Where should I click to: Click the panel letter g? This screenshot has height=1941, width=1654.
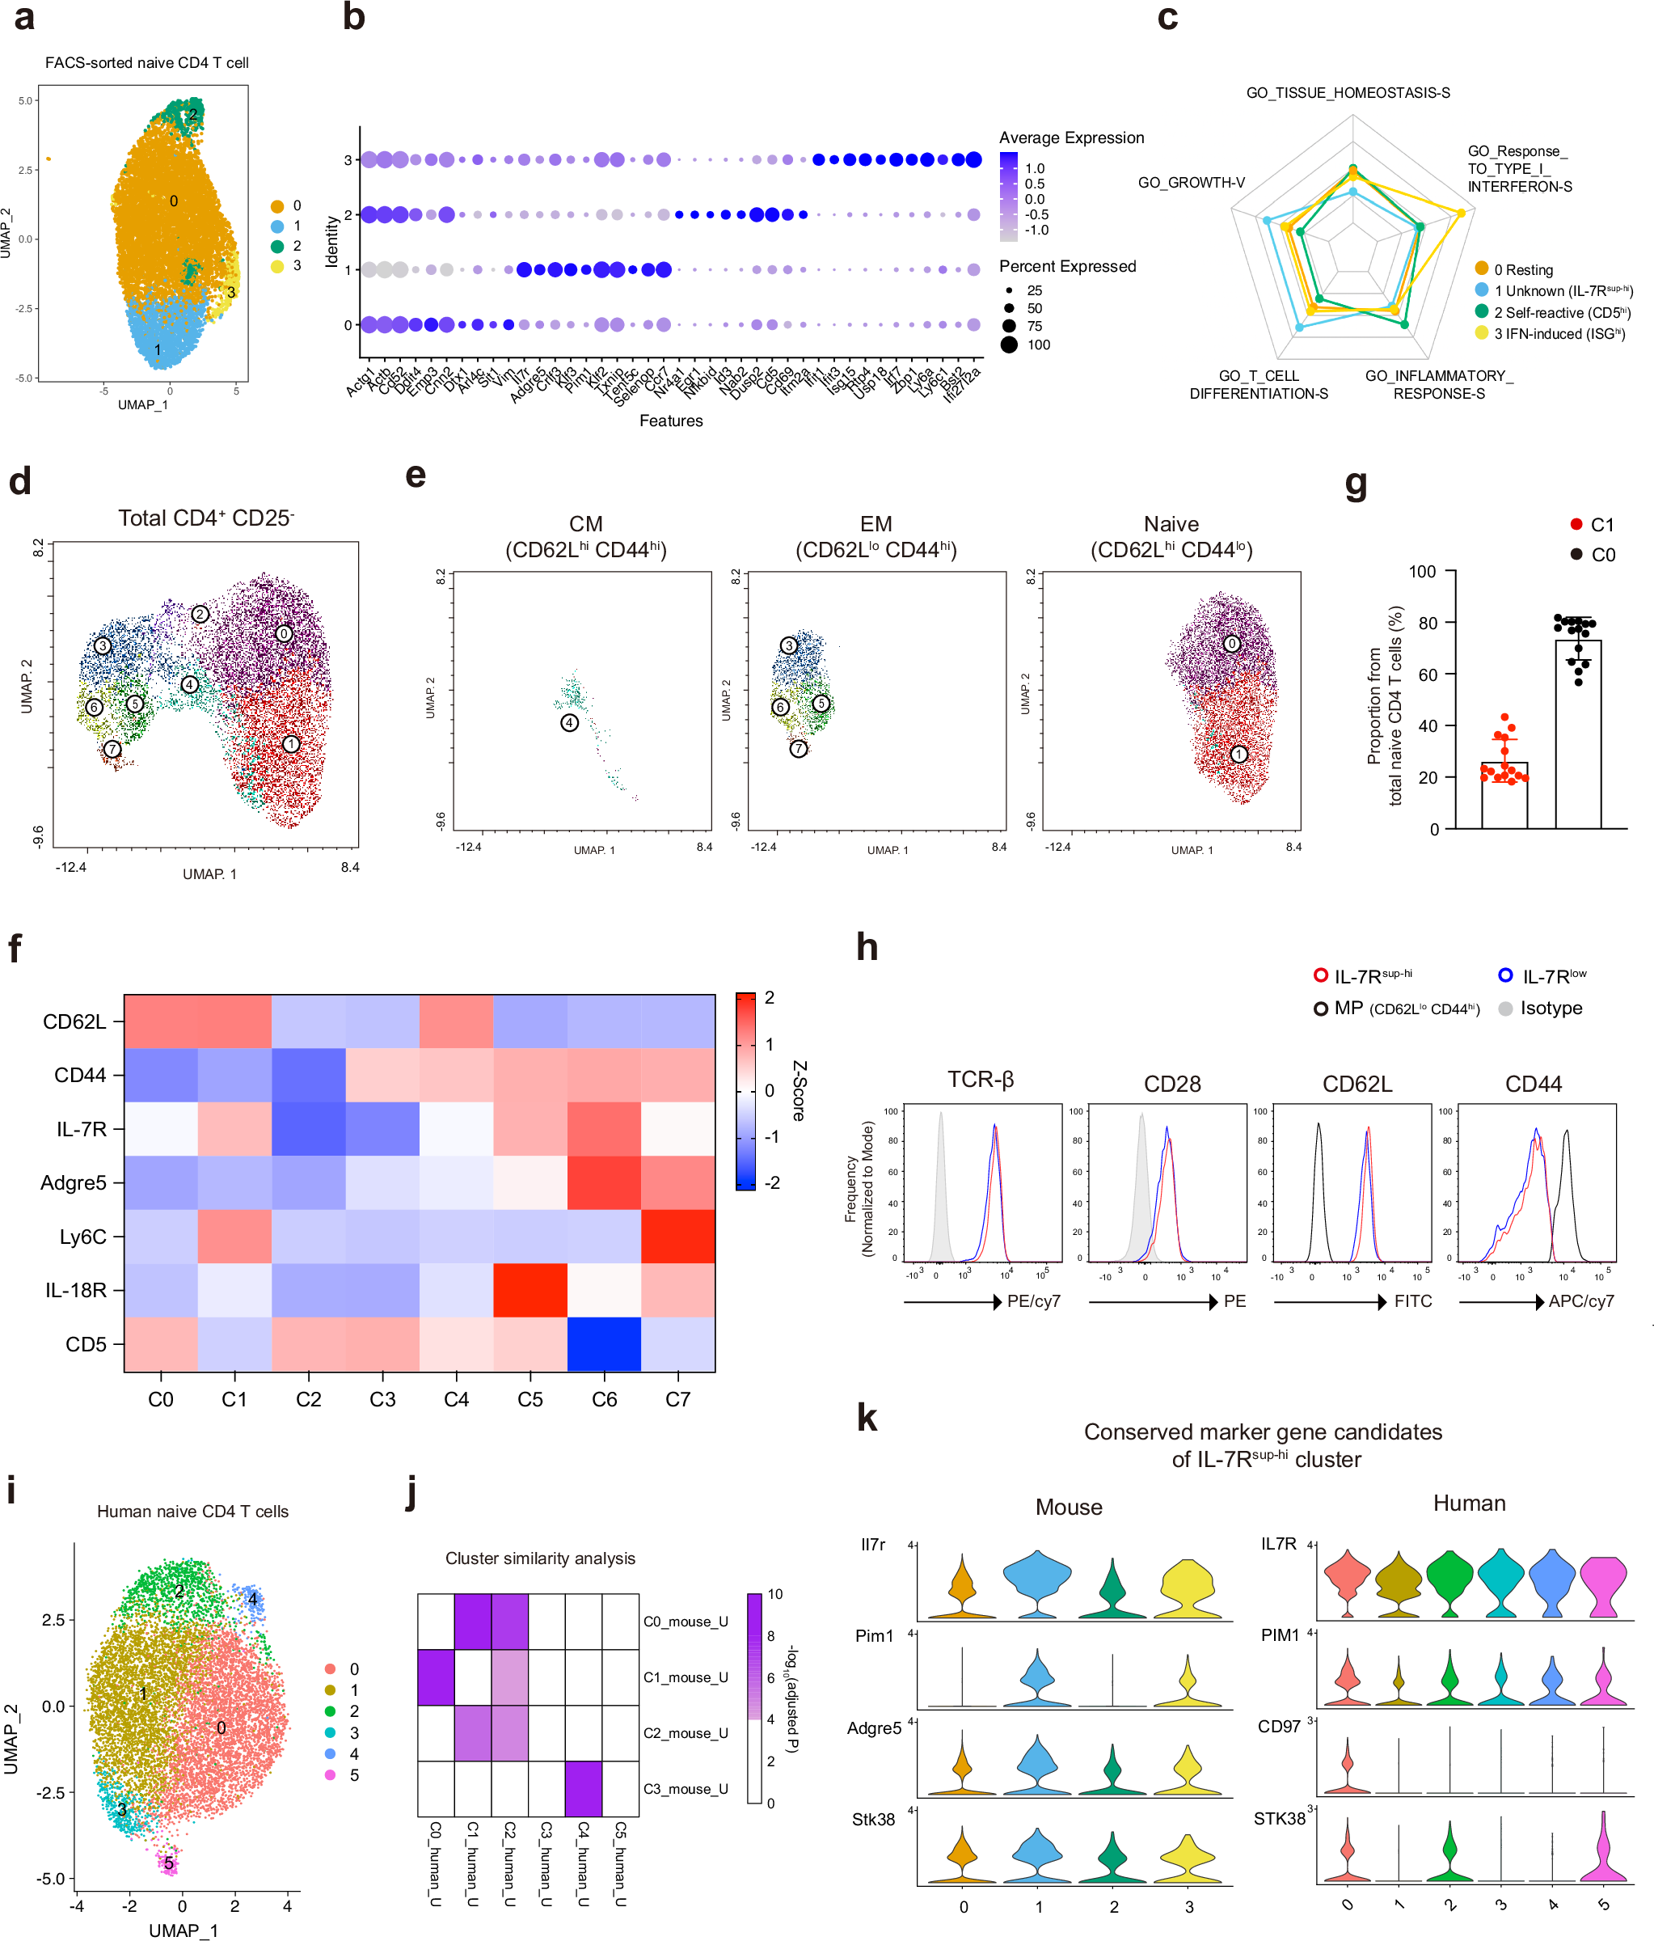coord(1355,484)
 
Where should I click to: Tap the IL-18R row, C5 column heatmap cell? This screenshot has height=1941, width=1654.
coord(530,1290)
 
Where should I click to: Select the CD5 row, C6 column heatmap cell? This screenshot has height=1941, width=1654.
coord(604,1343)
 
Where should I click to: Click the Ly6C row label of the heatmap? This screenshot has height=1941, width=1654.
coord(82,1237)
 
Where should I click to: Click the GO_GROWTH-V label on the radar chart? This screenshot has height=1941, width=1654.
coord(1191,183)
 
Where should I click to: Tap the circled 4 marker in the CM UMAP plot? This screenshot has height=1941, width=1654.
coord(569,723)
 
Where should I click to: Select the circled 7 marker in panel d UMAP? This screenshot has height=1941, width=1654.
coord(112,748)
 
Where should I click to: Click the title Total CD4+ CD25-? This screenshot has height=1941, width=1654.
coord(206,518)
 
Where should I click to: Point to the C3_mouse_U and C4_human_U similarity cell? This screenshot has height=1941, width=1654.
coord(584,1788)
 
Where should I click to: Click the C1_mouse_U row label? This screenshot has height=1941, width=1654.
coord(685,1677)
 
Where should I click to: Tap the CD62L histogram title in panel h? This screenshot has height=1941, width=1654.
coord(1357,1084)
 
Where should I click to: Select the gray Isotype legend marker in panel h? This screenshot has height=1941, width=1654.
coord(1505,1009)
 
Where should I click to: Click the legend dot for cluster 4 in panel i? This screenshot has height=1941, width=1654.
coord(330,1753)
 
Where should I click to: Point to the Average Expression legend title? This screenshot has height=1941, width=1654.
coord(1070,137)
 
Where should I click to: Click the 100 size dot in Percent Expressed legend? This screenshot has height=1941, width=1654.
coord(1009,345)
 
